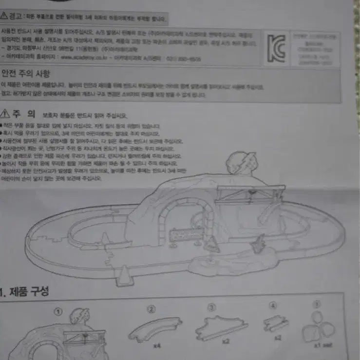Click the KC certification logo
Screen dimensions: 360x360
tap(276, 48)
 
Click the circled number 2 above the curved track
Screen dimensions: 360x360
tap(152, 309)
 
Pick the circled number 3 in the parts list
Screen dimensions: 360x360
tap(211, 307)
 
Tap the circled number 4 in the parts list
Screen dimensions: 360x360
tap(273, 306)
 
